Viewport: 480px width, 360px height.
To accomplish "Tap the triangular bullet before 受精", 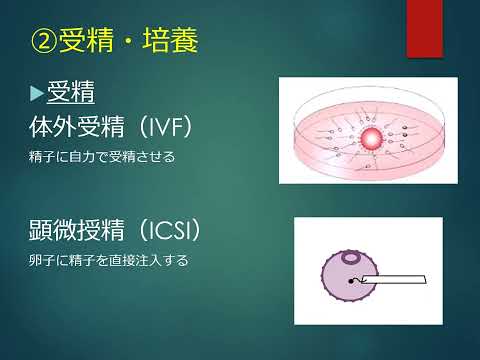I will click(x=37, y=94).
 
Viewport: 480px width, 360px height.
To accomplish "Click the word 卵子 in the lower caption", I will click(x=43, y=261).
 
